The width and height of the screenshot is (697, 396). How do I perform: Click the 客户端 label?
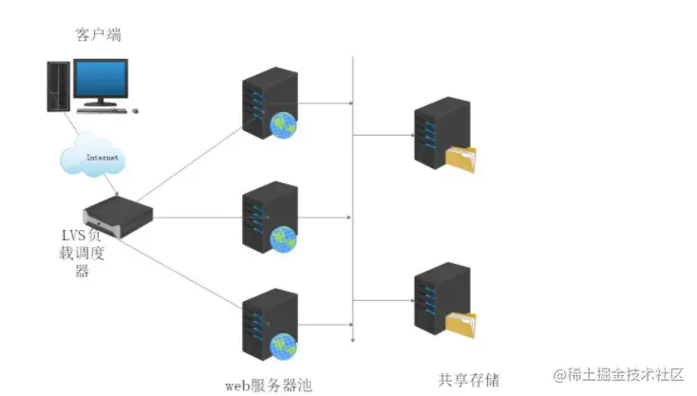98,35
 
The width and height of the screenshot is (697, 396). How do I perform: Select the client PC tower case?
58,85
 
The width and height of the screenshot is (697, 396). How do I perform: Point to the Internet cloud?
91,158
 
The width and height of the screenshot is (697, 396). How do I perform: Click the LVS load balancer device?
117,215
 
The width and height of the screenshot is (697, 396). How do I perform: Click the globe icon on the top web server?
284,124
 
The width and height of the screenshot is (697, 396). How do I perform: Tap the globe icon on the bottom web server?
283,347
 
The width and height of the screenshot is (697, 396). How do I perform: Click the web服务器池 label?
268,385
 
